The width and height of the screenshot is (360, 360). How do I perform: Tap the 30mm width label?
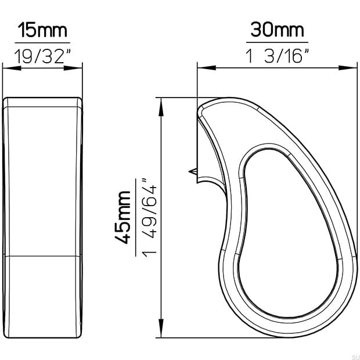coord(277,29)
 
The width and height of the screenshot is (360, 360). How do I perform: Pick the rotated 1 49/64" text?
coord(149,217)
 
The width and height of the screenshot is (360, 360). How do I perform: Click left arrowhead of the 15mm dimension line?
coord(8,68)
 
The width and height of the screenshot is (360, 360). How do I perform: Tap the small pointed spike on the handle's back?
coord(192,171)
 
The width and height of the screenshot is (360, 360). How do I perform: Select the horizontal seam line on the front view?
coord(43,255)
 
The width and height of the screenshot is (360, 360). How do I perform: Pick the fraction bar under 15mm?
coord(43,42)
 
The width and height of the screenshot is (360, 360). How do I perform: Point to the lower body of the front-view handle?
coord(43,296)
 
